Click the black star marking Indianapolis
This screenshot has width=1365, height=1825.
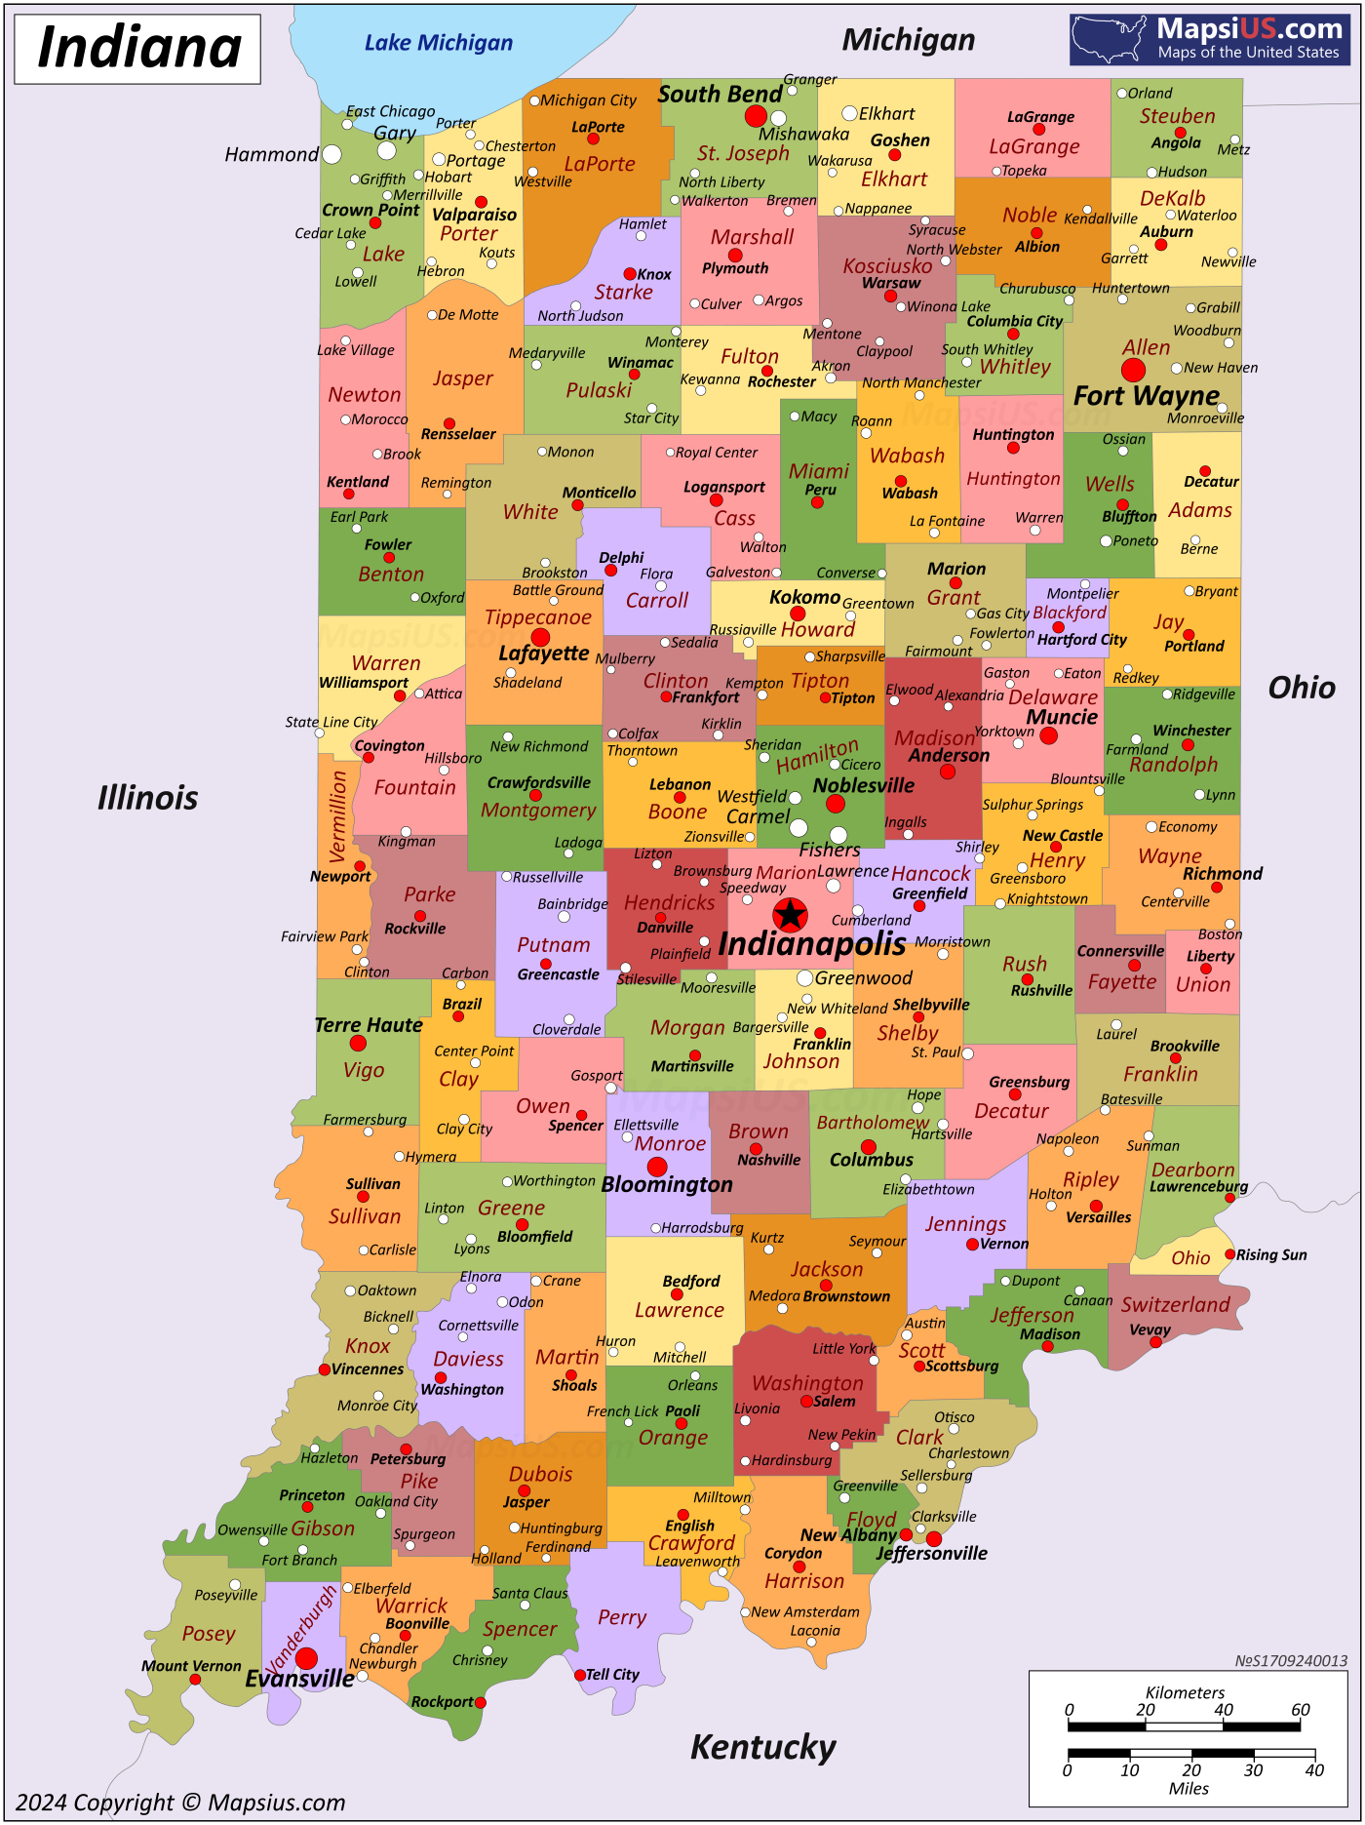coord(790,915)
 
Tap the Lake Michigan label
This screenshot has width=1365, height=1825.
coord(438,43)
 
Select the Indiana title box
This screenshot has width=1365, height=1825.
coord(137,49)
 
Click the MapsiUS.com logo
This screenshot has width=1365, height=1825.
coord(1209,39)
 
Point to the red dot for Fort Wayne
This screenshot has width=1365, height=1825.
coord(1133,370)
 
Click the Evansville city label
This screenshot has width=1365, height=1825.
coord(299,1679)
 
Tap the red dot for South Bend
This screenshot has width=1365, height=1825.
coord(756,116)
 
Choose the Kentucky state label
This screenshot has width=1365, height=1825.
coord(762,1747)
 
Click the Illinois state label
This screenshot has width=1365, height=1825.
coord(147,798)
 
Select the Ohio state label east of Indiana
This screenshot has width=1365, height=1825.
coord(1301,688)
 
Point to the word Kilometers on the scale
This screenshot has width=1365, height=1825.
coord(1185,1692)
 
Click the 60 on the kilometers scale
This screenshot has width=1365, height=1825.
coord(1301,1710)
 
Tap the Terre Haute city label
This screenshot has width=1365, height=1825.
coord(369,1025)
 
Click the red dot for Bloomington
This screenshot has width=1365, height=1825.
coord(657,1167)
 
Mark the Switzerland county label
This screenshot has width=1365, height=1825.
coord(1175,1305)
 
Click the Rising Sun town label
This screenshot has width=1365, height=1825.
coord(1271,1255)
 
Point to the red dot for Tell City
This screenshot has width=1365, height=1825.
coord(580,1675)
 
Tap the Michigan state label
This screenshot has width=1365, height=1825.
coord(908,40)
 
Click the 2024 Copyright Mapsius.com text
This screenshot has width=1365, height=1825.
coord(180,1803)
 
